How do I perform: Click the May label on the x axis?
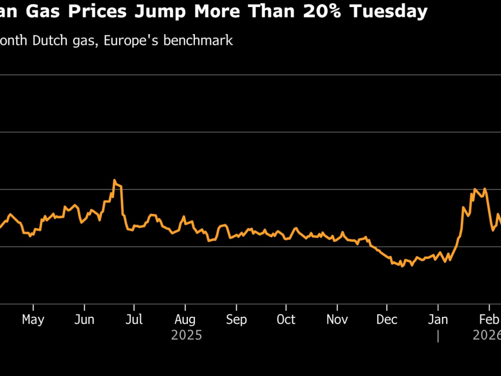[33, 319]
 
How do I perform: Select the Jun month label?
[84, 319]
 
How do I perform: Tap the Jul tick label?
[134, 319]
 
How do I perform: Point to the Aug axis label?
[185, 319]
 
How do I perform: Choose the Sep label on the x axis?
[236, 319]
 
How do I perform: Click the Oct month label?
[286, 319]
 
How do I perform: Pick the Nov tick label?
[337, 319]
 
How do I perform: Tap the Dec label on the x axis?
[387, 319]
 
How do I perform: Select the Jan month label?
[438, 319]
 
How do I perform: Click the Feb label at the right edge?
[488, 319]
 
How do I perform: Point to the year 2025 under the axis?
[186, 335]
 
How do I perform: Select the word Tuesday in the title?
[393, 11]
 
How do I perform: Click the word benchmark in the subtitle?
[200, 40]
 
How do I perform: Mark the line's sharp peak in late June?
[115, 180]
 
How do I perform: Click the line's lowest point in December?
[402, 266]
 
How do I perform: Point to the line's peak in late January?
[474, 190]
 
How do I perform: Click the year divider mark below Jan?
[438, 336]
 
